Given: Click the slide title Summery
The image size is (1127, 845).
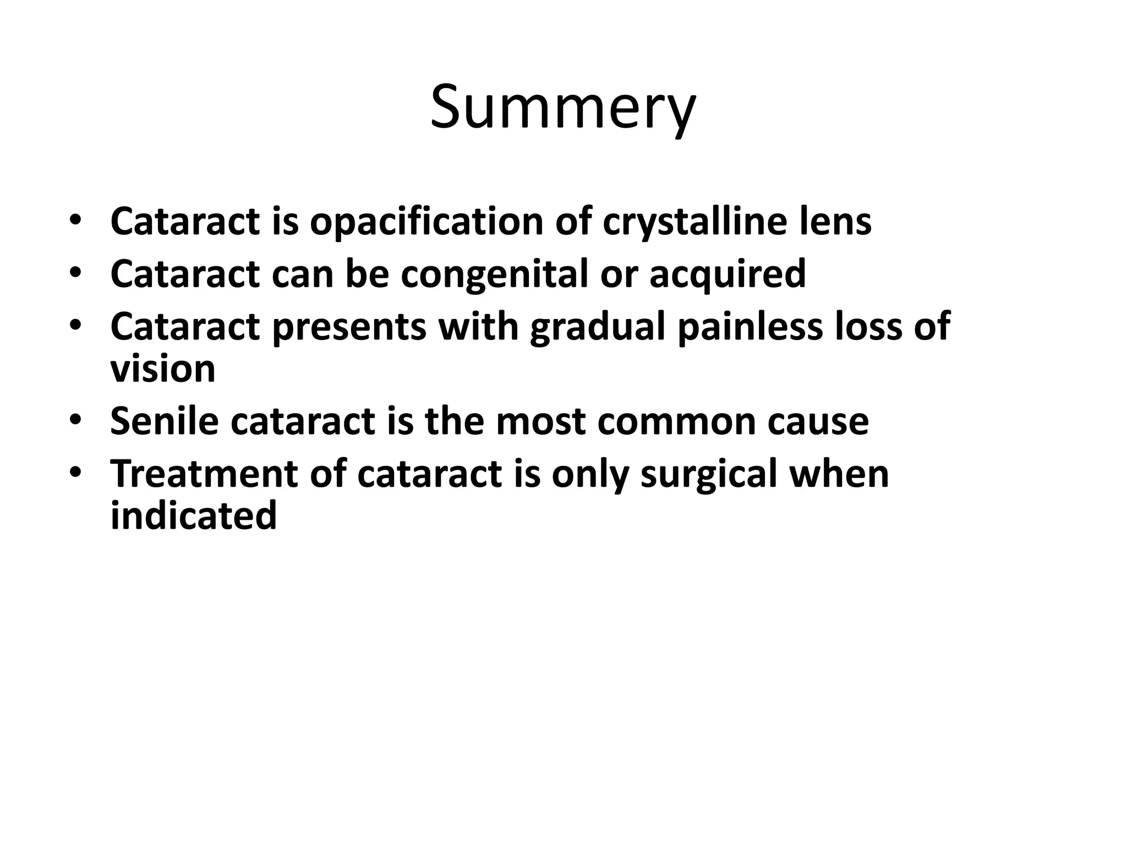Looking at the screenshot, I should click(x=563, y=107).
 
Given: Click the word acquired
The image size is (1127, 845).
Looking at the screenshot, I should click(x=727, y=275).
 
